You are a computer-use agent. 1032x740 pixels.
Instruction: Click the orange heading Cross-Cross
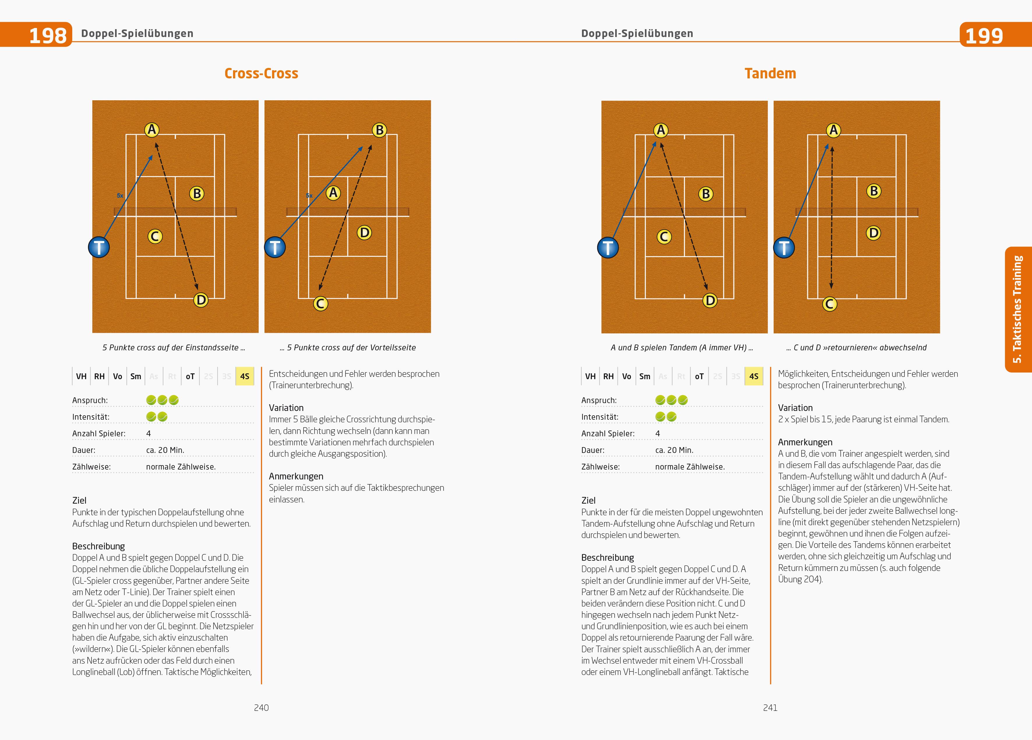tap(261, 73)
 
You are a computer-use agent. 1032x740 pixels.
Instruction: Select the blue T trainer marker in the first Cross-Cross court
tap(99, 247)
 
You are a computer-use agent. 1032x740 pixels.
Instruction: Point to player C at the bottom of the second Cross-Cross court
tap(320, 303)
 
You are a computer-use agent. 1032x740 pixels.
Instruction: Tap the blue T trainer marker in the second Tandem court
tap(784, 248)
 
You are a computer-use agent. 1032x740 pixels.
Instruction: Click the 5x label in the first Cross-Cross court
tap(120, 195)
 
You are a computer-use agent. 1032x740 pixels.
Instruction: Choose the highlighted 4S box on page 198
tap(244, 376)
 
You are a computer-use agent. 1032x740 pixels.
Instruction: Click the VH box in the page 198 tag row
tap(81, 376)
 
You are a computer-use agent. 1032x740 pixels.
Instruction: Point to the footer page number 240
tap(261, 707)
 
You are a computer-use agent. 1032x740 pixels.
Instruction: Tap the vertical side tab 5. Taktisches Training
tap(1018, 309)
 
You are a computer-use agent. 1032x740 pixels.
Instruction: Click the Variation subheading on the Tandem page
tap(795, 407)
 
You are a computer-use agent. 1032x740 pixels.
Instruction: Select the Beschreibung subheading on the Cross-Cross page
tap(98, 546)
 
